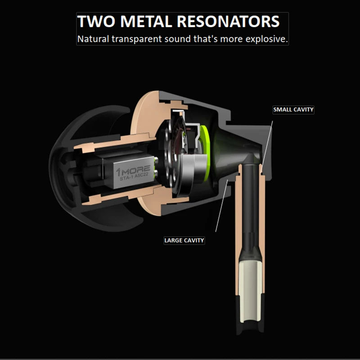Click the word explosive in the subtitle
(266, 39)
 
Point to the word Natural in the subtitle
(93, 39)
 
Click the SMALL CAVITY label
(293, 109)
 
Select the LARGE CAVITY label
(184, 240)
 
